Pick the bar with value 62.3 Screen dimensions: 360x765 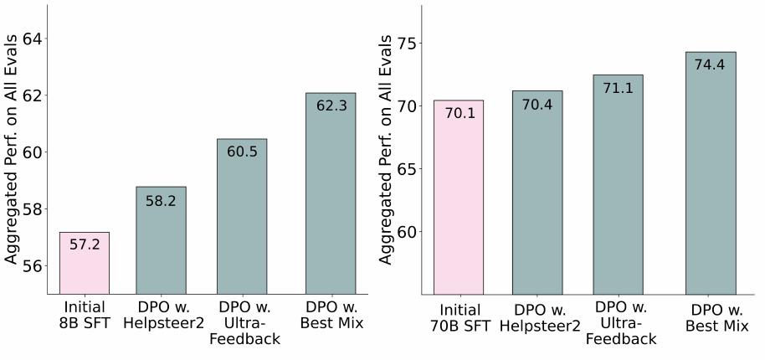(x=330, y=193)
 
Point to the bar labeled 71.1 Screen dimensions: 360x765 (x=619, y=185)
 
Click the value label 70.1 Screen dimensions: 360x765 (x=458, y=113)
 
